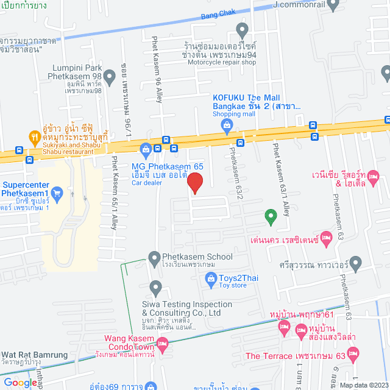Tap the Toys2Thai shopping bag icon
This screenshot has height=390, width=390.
pyautogui.click(x=210, y=279)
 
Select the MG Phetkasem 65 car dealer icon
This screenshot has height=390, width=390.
pyautogui.click(x=146, y=149)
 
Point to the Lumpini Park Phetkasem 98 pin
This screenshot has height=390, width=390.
pyautogui.click(x=110, y=77)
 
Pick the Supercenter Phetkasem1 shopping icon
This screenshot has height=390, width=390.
pyautogui.click(x=57, y=194)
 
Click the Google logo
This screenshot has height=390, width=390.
pyautogui.click(x=19, y=383)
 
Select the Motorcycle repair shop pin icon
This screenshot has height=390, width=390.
pyautogui.click(x=242, y=29)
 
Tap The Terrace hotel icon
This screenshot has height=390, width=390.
pyautogui.click(x=353, y=353)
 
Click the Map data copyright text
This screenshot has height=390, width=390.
pyautogui.click(x=363, y=385)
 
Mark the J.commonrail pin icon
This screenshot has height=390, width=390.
pyautogui.click(x=332, y=5)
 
